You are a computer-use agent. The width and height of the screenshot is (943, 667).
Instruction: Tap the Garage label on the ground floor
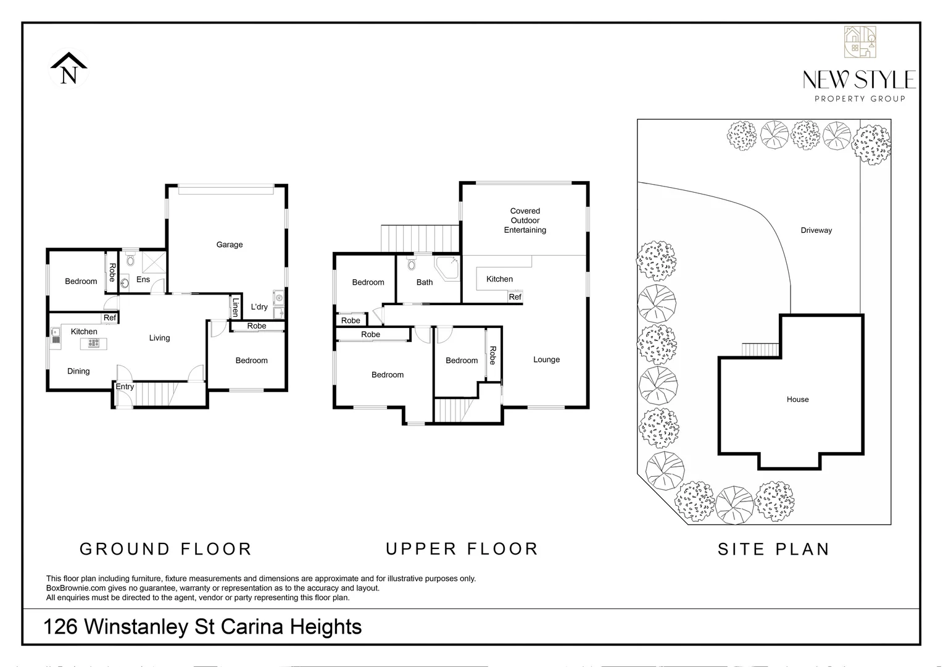tap(230, 245)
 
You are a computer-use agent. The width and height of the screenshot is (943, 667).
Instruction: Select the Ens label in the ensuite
tap(143, 280)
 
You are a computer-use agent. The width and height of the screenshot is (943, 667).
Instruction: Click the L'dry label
tap(259, 307)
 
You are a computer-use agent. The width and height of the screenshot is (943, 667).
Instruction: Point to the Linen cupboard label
tap(235, 308)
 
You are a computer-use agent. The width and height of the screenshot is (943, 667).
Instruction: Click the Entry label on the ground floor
tap(125, 387)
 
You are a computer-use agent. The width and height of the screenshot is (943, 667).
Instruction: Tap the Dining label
tap(78, 371)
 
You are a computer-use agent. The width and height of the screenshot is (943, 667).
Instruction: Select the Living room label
tap(159, 338)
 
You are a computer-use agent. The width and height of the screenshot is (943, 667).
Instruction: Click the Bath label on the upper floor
tap(425, 282)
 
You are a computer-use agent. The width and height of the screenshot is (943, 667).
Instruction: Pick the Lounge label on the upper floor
tap(546, 359)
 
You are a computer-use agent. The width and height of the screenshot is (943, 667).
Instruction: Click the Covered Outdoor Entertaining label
tap(525, 220)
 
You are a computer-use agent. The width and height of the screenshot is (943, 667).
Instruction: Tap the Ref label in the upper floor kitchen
tap(515, 297)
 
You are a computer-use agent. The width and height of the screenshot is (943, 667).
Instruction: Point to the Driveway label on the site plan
tap(816, 230)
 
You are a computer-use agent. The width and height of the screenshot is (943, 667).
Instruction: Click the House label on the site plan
tap(797, 400)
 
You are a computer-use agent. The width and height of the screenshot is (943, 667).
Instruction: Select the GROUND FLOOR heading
tap(165, 549)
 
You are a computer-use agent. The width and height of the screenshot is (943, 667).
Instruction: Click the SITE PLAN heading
tap(773, 549)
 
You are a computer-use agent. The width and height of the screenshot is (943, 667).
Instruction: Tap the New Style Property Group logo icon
tap(860, 42)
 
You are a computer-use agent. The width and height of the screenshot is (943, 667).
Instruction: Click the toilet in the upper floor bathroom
tap(412, 265)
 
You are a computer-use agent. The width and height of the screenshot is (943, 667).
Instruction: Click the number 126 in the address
tap(60, 627)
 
